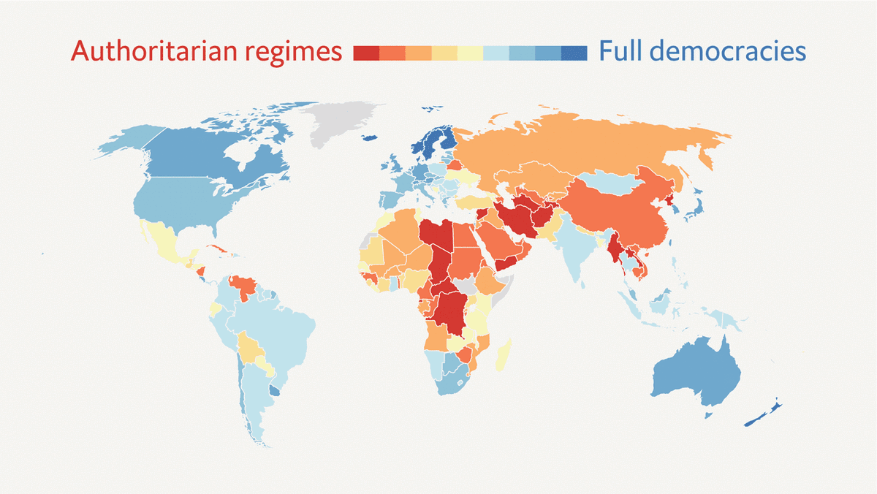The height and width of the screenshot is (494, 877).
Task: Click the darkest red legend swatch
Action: (x=365, y=53)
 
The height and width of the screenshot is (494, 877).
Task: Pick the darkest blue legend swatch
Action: (x=574, y=53)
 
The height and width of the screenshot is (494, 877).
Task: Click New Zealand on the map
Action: (x=764, y=414)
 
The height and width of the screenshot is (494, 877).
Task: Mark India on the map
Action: (x=577, y=245)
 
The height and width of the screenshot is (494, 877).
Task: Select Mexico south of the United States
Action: (x=164, y=241)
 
